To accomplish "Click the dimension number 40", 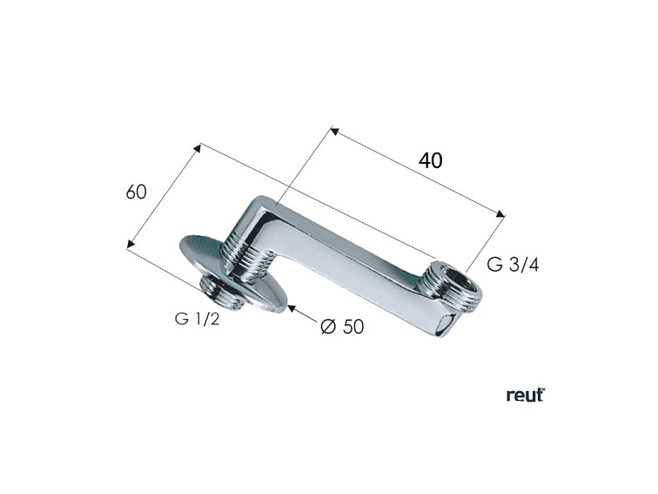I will pos(430,160).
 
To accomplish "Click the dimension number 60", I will pos(136,192).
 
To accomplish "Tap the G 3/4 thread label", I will pos(513,265).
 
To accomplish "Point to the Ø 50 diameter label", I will pos(341,327).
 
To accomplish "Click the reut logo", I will pos(525,395).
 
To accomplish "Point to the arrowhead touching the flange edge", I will pos(292,307).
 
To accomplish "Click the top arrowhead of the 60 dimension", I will pos(198,148).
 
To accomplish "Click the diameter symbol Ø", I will pos(327,327).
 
